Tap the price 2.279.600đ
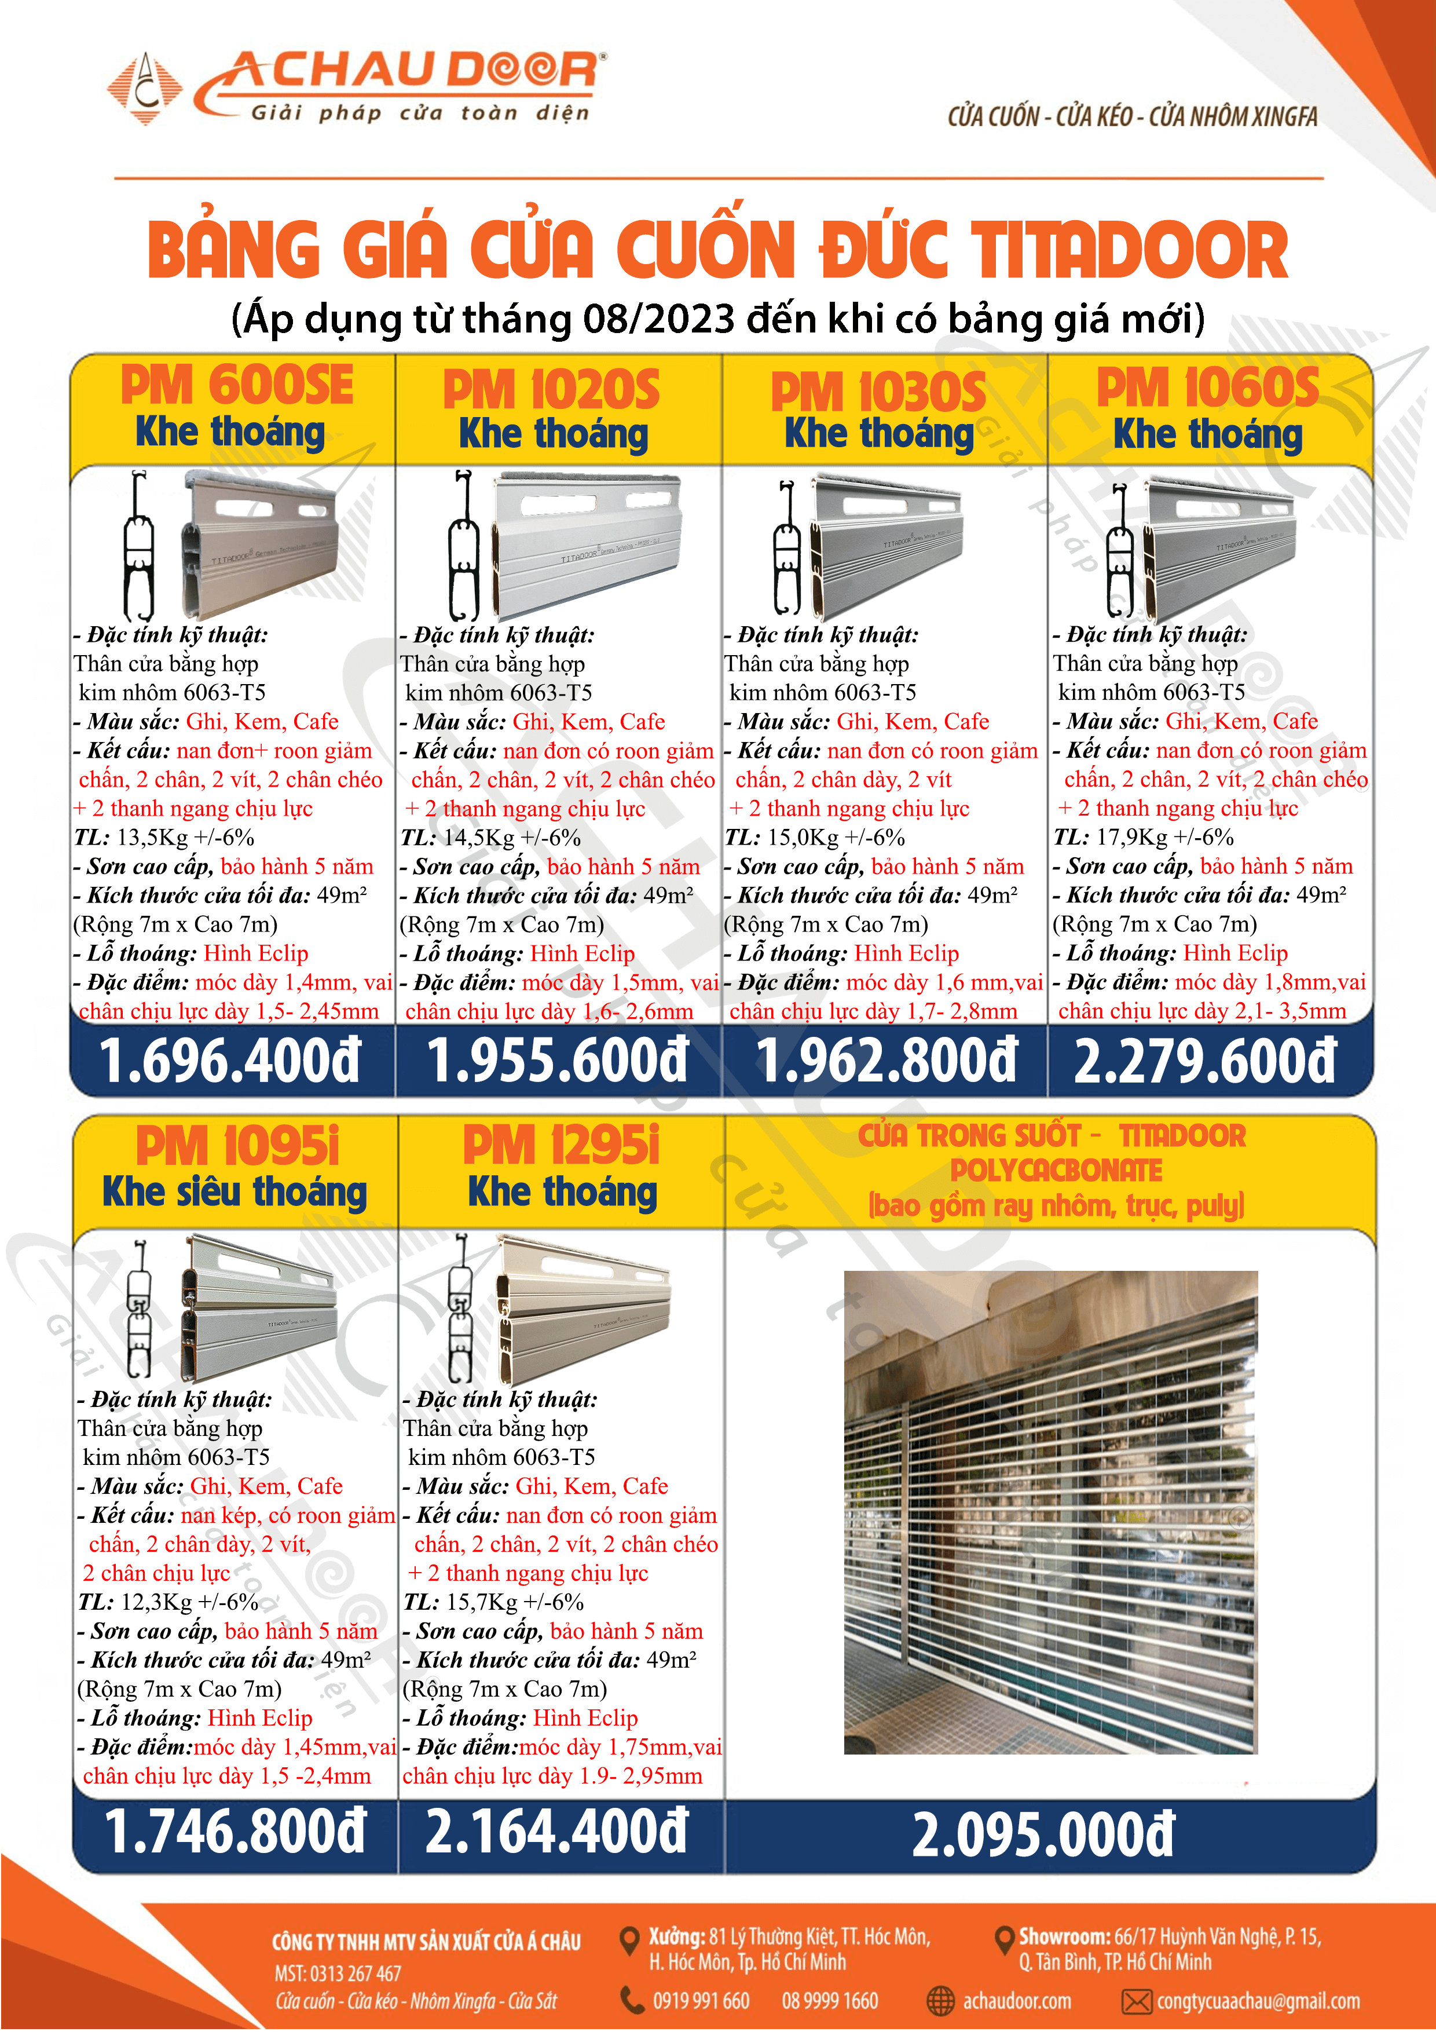(x=1204, y=1061)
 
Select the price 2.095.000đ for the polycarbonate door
(x=1043, y=1834)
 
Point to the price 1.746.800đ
(x=235, y=1830)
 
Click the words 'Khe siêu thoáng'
(x=235, y=1192)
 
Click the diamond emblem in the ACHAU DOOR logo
(x=144, y=89)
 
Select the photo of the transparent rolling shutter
(x=1050, y=1512)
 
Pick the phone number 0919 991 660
(x=701, y=2001)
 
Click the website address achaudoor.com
(x=1017, y=2001)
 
